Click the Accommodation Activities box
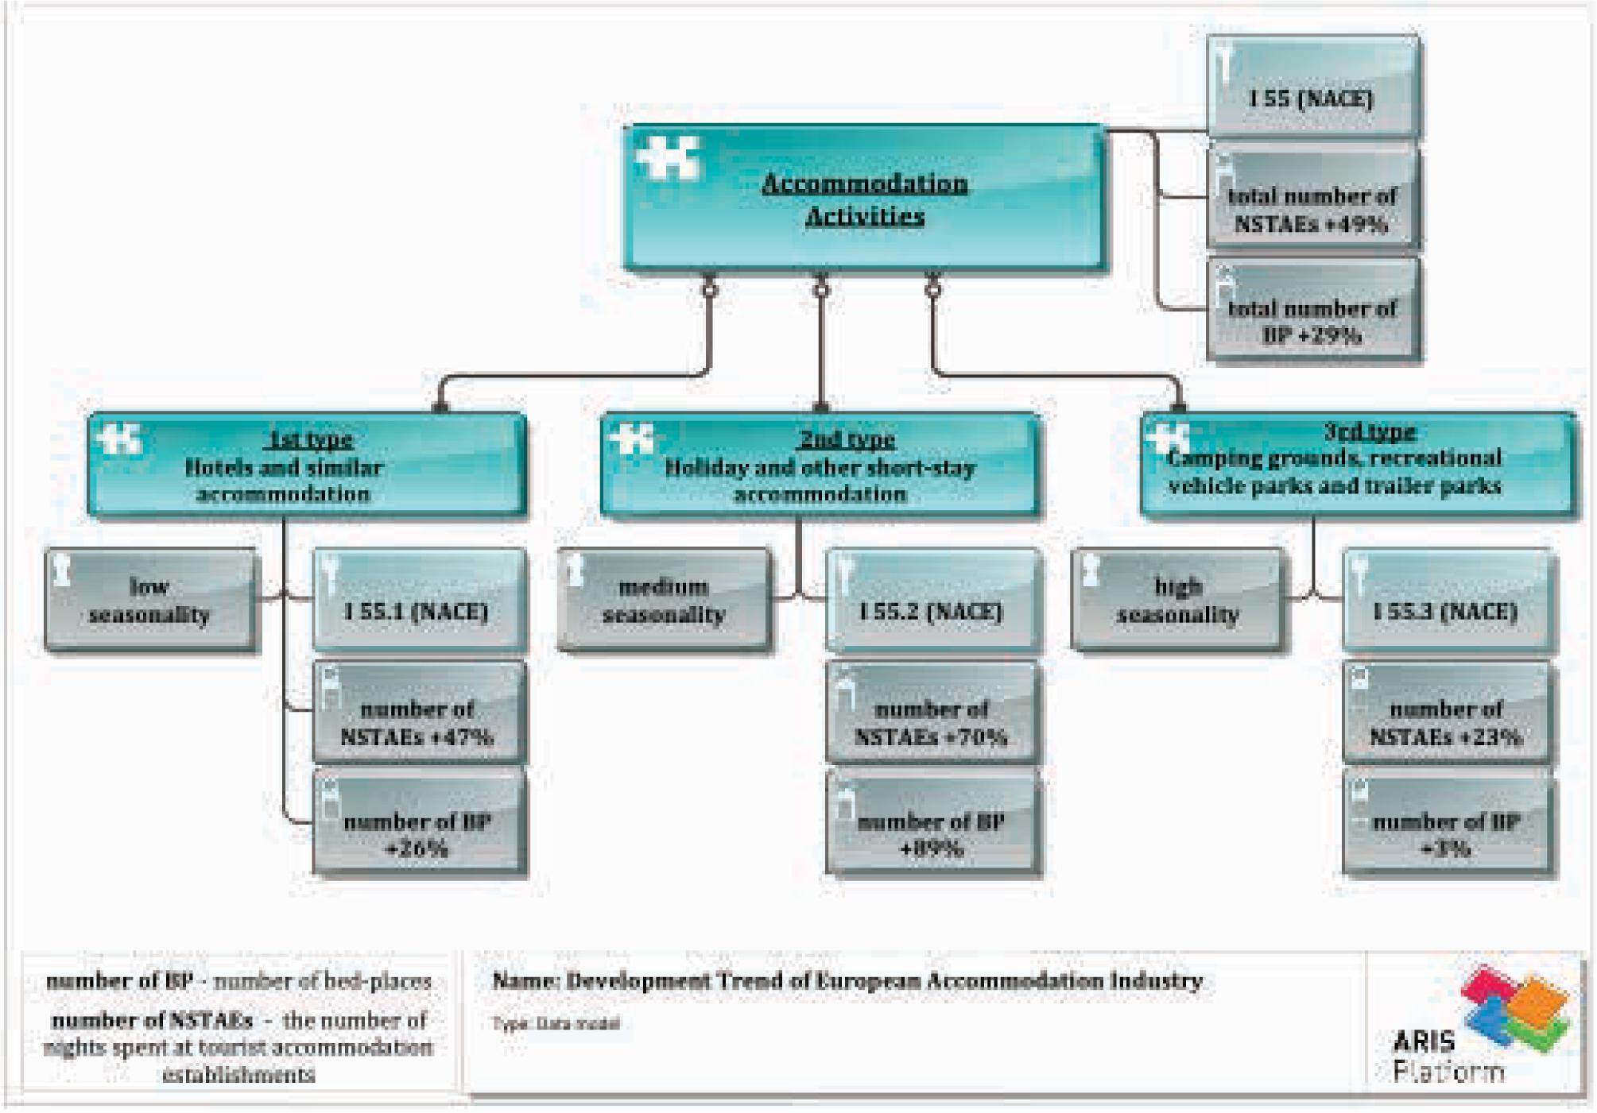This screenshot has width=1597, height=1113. (x=864, y=199)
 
